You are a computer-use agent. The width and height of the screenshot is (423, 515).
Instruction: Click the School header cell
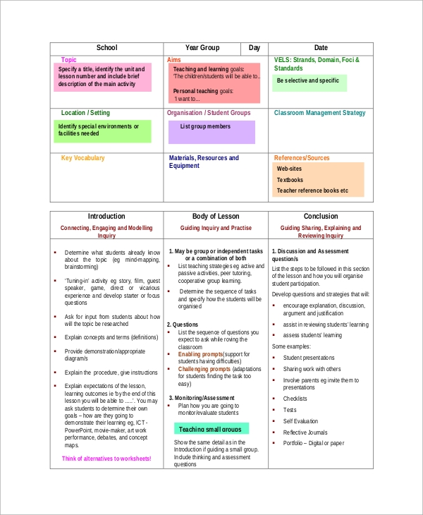(x=106, y=48)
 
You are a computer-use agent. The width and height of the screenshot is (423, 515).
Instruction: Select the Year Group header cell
(x=202, y=48)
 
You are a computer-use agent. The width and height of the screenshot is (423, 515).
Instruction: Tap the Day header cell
(x=255, y=48)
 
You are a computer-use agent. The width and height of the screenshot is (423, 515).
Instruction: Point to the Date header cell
(x=321, y=48)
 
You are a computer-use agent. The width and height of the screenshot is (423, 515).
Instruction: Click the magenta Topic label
(x=69, y=60)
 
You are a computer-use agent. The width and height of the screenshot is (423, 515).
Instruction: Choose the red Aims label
(x=174, y=60)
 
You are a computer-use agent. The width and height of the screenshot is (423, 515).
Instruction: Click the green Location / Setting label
(x=85, y=113)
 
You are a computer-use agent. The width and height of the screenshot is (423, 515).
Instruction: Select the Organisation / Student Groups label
(x=209, y=113)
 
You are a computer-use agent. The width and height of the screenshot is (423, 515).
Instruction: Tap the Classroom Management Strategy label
(x=319, y=113)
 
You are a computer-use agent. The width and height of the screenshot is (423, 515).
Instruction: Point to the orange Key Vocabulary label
(x=83, y=158)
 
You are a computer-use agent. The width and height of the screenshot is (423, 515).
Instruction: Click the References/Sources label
(x=302, y=158)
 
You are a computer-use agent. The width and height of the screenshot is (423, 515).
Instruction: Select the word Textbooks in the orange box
(x=290, y=180)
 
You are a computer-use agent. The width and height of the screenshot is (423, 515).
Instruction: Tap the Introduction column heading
(x=106, y=217)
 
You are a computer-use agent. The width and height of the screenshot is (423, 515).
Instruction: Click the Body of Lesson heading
(x=216, y=217)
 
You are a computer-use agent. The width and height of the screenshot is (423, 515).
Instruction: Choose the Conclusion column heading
(x=321, y=217)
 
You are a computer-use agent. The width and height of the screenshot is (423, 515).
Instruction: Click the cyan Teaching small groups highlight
(x=210, y=429)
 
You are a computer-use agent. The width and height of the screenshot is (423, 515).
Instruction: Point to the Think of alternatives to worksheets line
(x=106, y=459)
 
